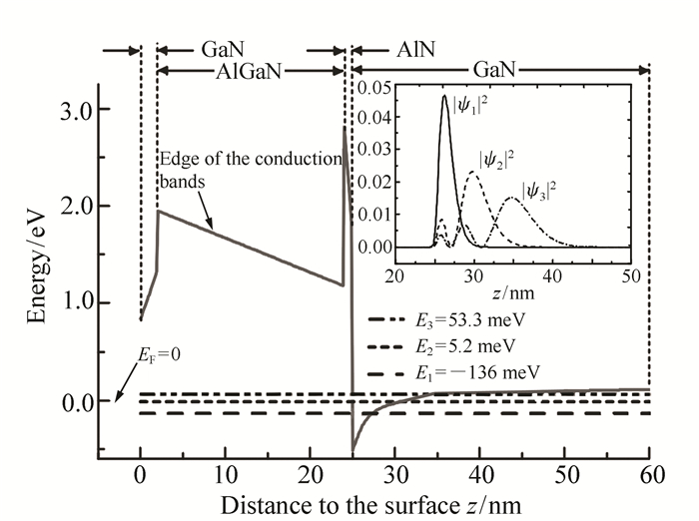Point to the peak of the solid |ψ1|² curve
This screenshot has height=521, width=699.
point(444,97)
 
